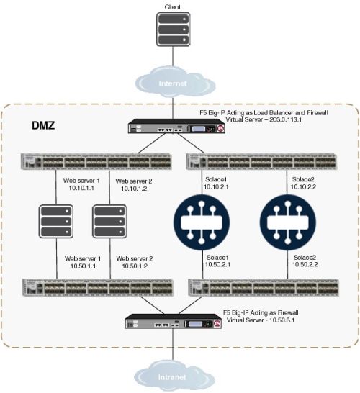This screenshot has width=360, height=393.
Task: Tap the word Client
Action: click(x=174, y=6)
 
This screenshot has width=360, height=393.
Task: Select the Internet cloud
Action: click(x=174, y=83)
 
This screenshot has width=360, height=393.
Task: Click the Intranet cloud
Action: click(x=174, y=376)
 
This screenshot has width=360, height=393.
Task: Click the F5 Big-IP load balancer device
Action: click(x=174, y=129)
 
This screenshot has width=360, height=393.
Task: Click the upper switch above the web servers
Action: click(x=94, y=161)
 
